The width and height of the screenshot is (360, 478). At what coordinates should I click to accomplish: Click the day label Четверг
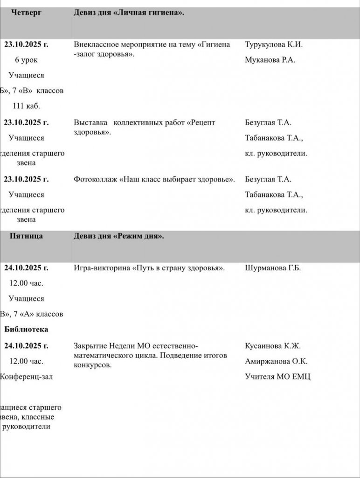tap(26, 13)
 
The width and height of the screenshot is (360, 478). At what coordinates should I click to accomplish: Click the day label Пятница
tap(27, 236)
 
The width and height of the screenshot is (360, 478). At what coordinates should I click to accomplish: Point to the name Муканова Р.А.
tap(270, 60)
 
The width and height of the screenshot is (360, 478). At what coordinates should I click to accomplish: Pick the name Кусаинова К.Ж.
tap(273, 346)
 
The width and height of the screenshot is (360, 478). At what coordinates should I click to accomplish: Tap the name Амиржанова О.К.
tap(276, 361)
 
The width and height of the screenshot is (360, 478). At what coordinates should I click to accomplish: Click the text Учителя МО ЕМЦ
tap(277, 376)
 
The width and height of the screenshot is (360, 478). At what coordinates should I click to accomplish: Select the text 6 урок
tap(27, 60)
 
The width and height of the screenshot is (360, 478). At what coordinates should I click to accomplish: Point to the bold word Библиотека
tap(27, 329)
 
